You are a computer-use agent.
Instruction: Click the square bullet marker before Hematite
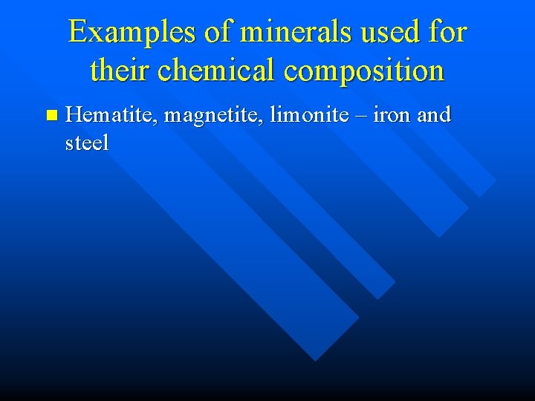click(51, 115)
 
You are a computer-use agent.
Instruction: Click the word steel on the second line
click(87, 142)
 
